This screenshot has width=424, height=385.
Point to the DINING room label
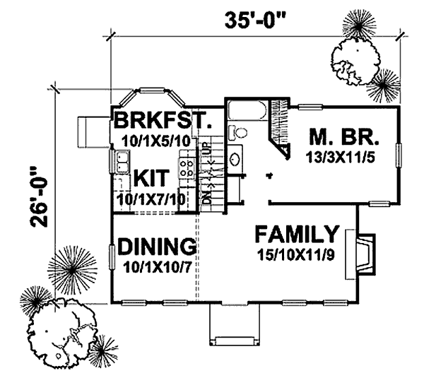157,247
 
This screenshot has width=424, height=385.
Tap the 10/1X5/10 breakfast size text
155,140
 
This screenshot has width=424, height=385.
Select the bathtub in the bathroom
247,112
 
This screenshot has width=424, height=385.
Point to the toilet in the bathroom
240,132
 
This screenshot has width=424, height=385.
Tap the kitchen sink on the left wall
114,162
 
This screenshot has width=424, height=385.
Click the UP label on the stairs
205,150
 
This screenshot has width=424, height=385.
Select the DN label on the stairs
205,199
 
